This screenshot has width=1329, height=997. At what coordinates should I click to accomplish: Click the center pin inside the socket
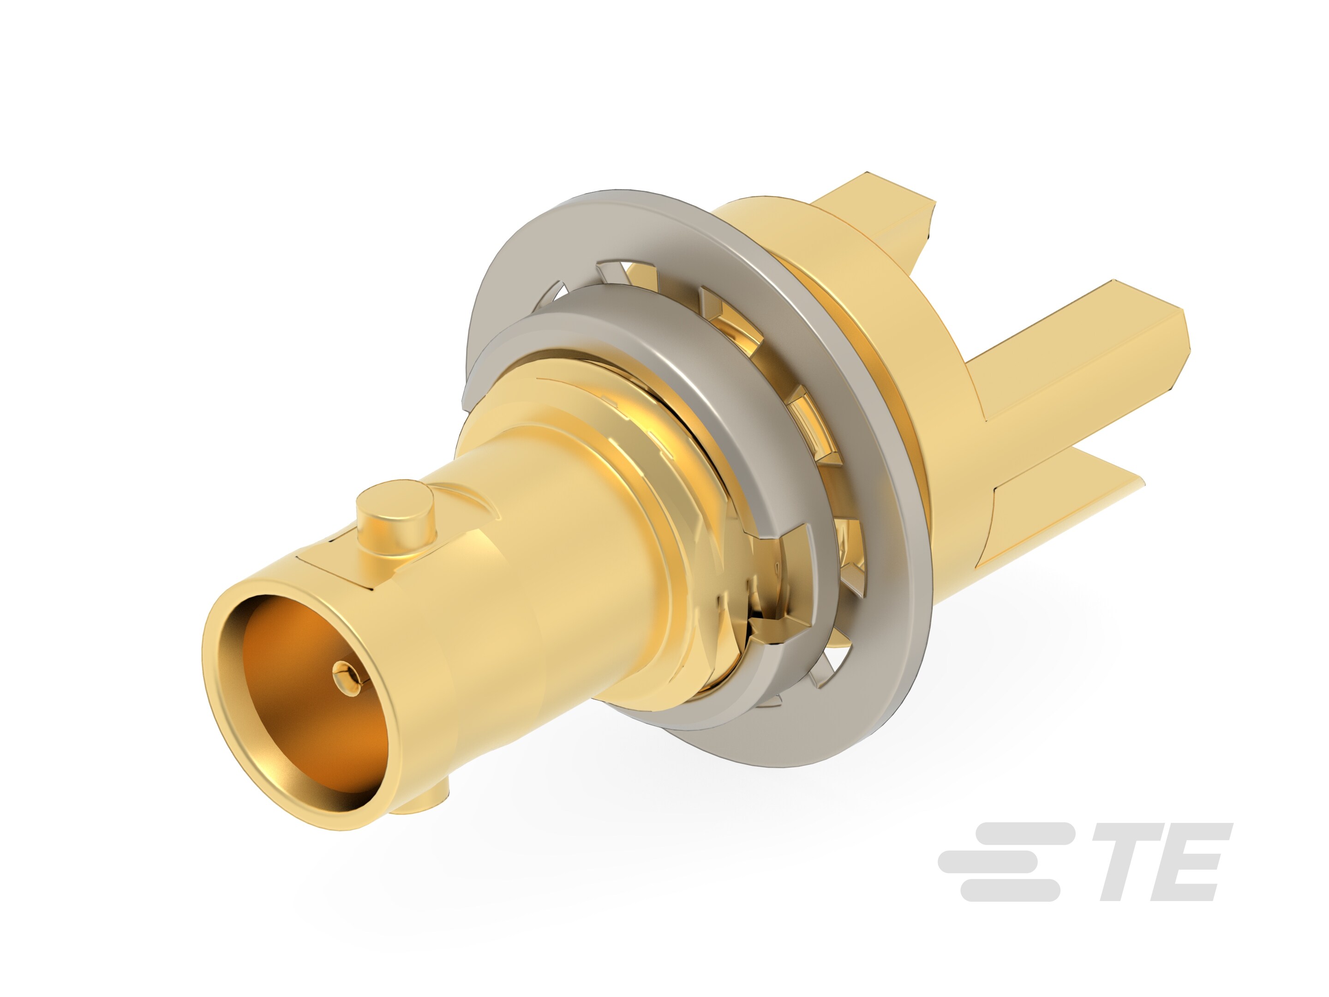coord(344,673)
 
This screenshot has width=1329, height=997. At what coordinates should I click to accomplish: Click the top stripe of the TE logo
coord(1021,832)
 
